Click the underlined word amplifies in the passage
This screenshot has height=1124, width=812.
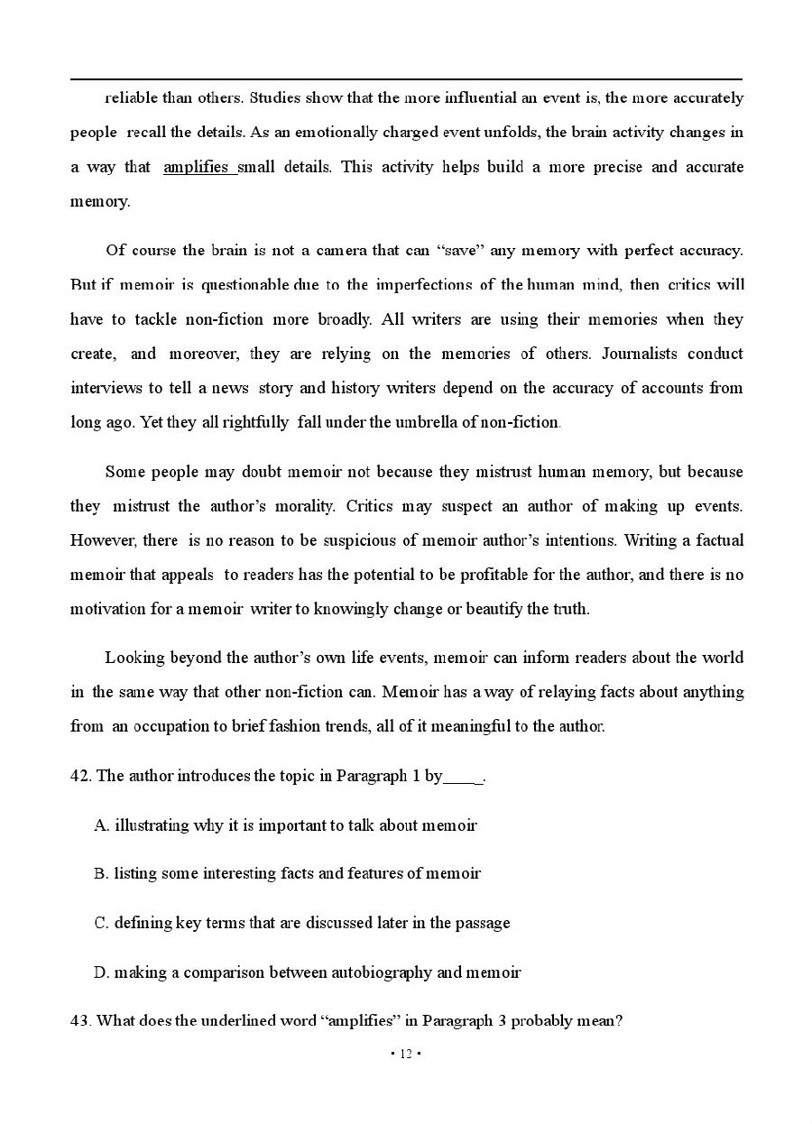196,167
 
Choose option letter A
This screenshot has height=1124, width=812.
101,825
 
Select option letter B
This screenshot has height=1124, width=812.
101,874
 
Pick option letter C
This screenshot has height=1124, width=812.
101,923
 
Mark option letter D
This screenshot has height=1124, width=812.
101,972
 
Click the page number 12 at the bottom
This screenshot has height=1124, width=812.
405,1055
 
